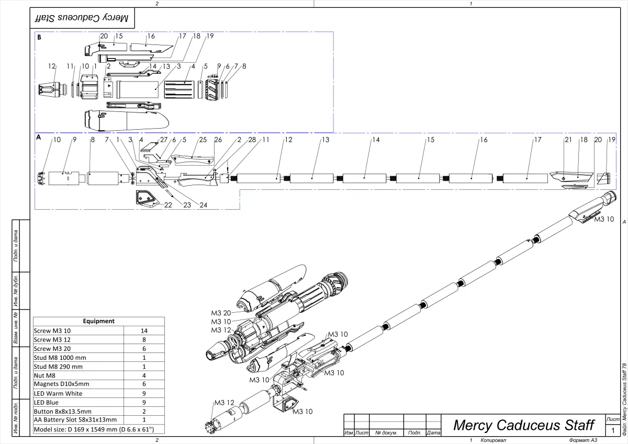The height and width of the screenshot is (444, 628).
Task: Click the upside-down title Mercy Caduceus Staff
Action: (81, 18)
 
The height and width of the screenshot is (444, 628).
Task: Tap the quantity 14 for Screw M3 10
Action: (144, 331)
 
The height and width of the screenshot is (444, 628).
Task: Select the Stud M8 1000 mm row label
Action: (60, 358)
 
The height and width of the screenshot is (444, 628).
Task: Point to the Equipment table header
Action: (98, 321)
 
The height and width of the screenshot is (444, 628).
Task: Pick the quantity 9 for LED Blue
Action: (144, 403)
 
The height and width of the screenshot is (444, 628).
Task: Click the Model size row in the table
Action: (94, 430)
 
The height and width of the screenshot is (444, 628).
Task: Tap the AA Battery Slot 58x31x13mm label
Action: (75, 420)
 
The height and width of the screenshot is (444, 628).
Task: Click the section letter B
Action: (39, 38)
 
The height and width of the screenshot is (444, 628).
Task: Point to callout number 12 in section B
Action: (51, 66)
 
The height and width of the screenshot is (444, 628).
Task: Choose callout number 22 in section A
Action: (168, 206)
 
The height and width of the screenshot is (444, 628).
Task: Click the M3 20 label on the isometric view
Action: (221, 313)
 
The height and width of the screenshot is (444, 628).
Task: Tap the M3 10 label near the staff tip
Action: (604, 219)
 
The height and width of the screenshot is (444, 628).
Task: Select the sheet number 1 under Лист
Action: (613, 430)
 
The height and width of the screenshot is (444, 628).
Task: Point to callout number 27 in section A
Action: (164, 140)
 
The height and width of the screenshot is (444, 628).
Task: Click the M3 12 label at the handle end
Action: (223, 402)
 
